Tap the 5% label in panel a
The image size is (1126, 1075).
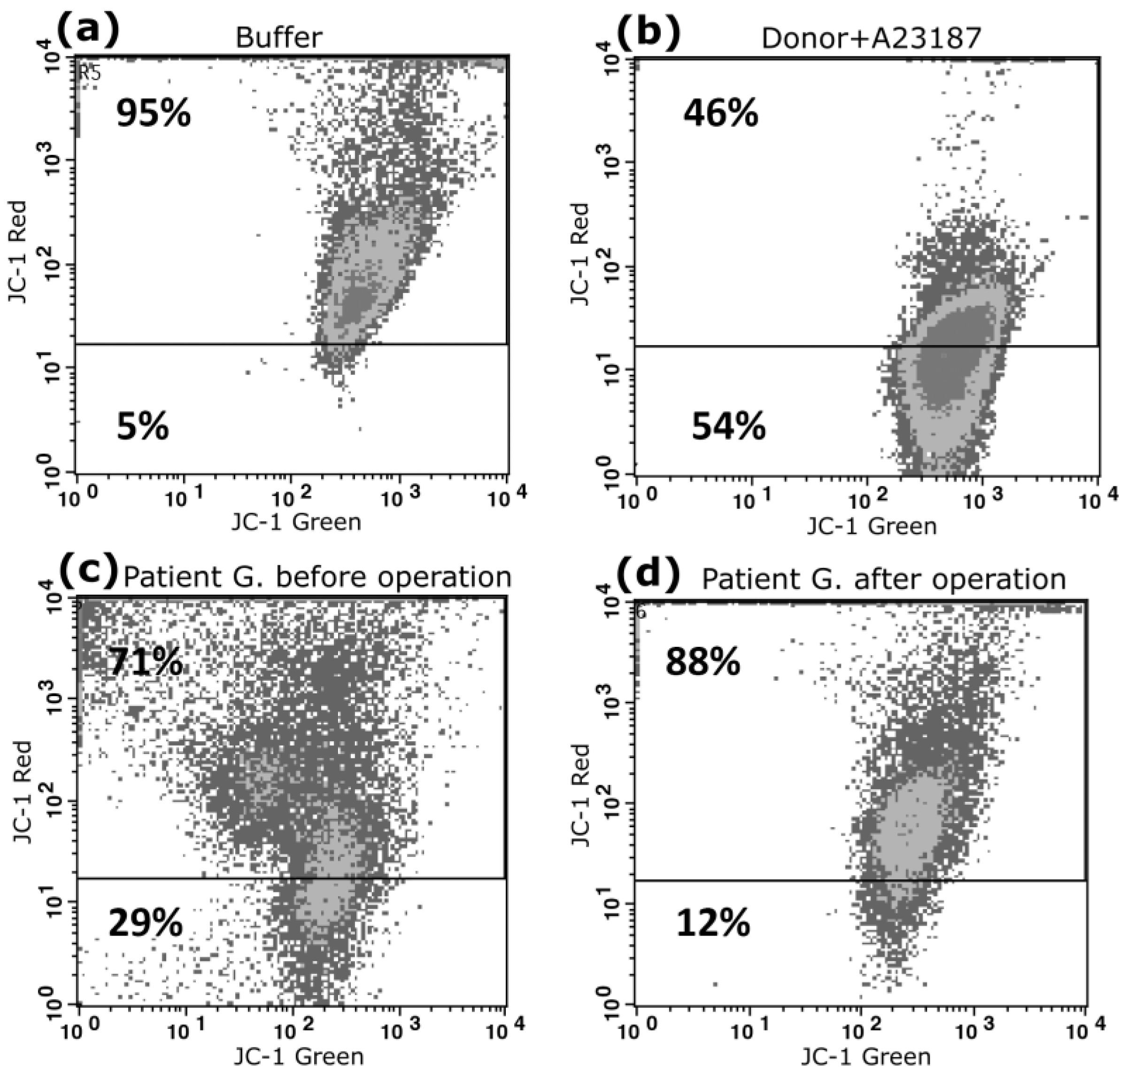[x=143, y=427]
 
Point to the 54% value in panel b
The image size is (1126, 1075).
[x=728, y=427]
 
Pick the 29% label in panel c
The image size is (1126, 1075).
[x=146, y=923]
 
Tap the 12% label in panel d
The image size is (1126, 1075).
[x=713, y=923]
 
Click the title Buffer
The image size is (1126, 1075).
[x=278, y=38]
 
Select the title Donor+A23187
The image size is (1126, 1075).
[x=871, y=38]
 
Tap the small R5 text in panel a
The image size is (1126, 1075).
[x=89, y=72]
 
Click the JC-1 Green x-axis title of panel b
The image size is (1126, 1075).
[x=871, y=525]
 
